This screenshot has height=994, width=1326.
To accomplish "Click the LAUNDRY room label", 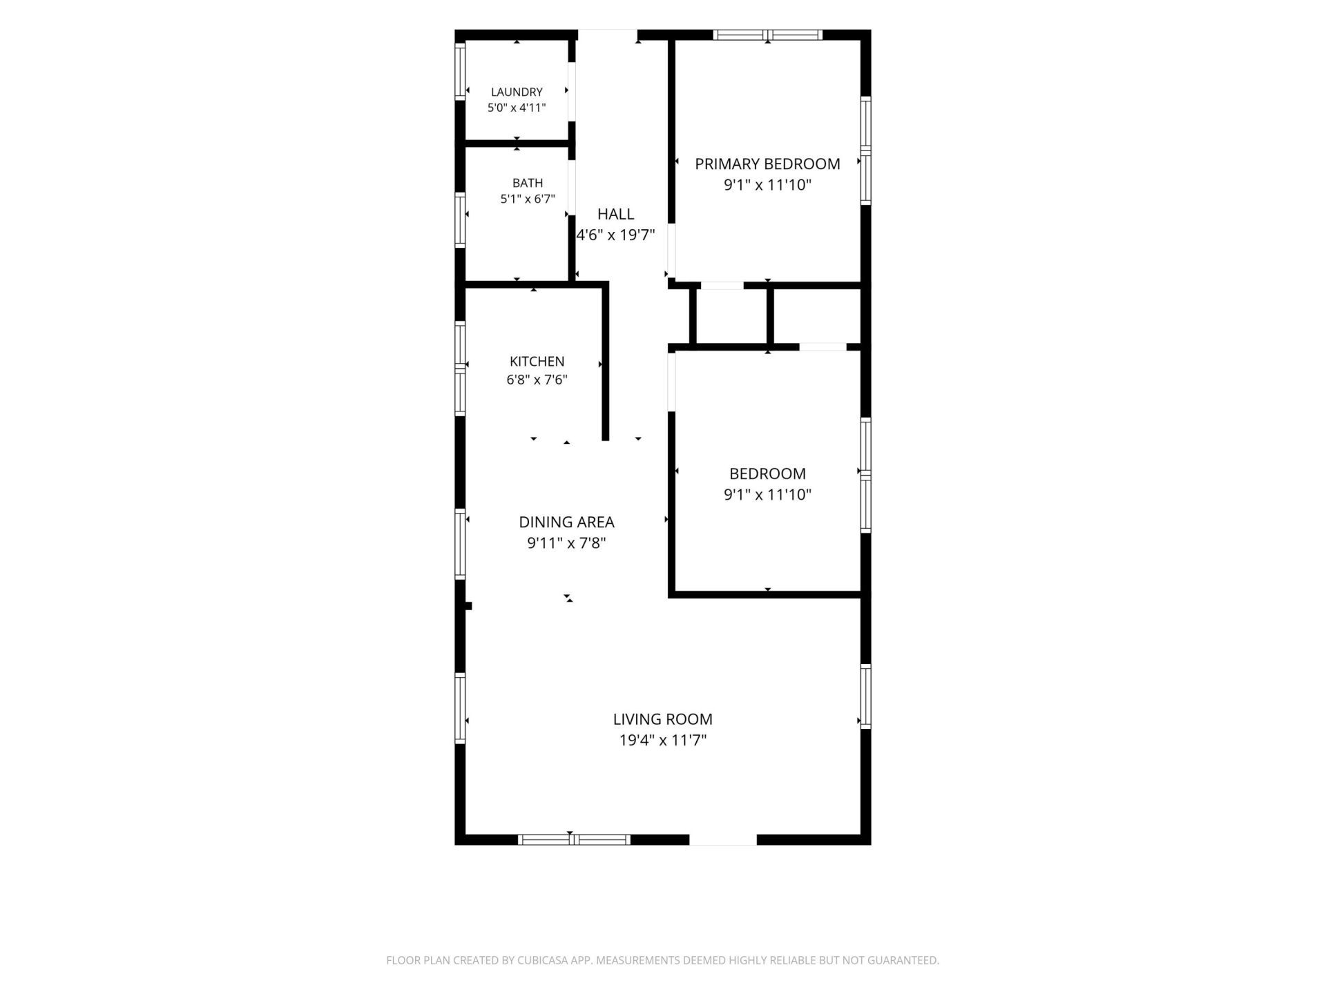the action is (517, 92).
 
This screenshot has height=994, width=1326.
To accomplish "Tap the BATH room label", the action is (528, 183).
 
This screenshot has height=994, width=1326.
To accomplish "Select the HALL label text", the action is (615, 214).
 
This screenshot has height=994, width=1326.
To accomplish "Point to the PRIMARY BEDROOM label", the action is (767, 164).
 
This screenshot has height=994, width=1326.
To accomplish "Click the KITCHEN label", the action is (537, 361).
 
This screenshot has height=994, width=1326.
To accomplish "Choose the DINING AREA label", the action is (566, 523).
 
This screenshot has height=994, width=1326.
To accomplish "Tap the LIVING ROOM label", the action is (663, 719).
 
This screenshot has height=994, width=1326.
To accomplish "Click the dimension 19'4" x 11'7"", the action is (663, 741).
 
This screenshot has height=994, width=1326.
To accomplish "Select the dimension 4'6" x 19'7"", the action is (615, 235).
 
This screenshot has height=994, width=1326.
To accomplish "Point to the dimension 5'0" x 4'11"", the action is (517, 108).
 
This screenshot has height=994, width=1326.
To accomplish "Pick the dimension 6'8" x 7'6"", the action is (537, 380).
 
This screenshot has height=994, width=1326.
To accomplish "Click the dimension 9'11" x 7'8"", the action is (566, 543).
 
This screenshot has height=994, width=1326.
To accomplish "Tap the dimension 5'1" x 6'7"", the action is (528, 199).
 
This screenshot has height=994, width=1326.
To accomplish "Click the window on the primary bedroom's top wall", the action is (768, 35).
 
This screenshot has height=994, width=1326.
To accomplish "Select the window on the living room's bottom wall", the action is (574, 839).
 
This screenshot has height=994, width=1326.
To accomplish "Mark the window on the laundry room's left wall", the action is (460, 71).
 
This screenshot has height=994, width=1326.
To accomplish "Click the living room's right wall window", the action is (865, 696).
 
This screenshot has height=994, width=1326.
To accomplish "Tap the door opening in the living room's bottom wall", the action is (723, 839).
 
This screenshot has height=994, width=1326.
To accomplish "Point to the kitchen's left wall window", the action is (460, 368).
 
